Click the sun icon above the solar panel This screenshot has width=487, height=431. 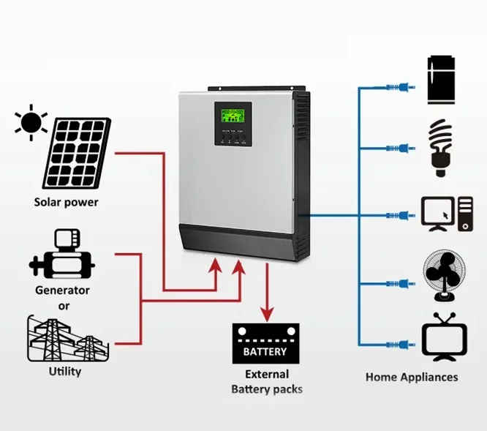[31, 123]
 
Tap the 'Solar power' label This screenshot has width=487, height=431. [66, 202]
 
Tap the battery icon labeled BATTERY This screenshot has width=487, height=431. [265, 344]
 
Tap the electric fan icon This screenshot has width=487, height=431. [443, 278]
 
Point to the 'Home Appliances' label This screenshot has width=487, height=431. [412, 378]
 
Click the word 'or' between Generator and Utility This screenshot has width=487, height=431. [64, 305]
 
